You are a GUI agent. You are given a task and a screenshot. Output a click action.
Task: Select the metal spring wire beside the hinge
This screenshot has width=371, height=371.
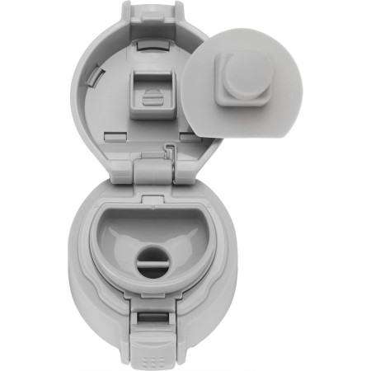pos(170,152)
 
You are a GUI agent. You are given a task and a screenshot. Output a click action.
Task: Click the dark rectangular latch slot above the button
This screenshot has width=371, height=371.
pos(154,319)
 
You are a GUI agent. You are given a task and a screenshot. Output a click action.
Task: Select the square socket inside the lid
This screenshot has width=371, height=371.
pos(153,91)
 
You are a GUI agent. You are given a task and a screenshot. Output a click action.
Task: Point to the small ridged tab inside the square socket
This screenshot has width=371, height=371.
pos(153,97)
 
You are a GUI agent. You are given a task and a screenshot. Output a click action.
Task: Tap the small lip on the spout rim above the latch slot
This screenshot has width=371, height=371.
pos(154,303)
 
